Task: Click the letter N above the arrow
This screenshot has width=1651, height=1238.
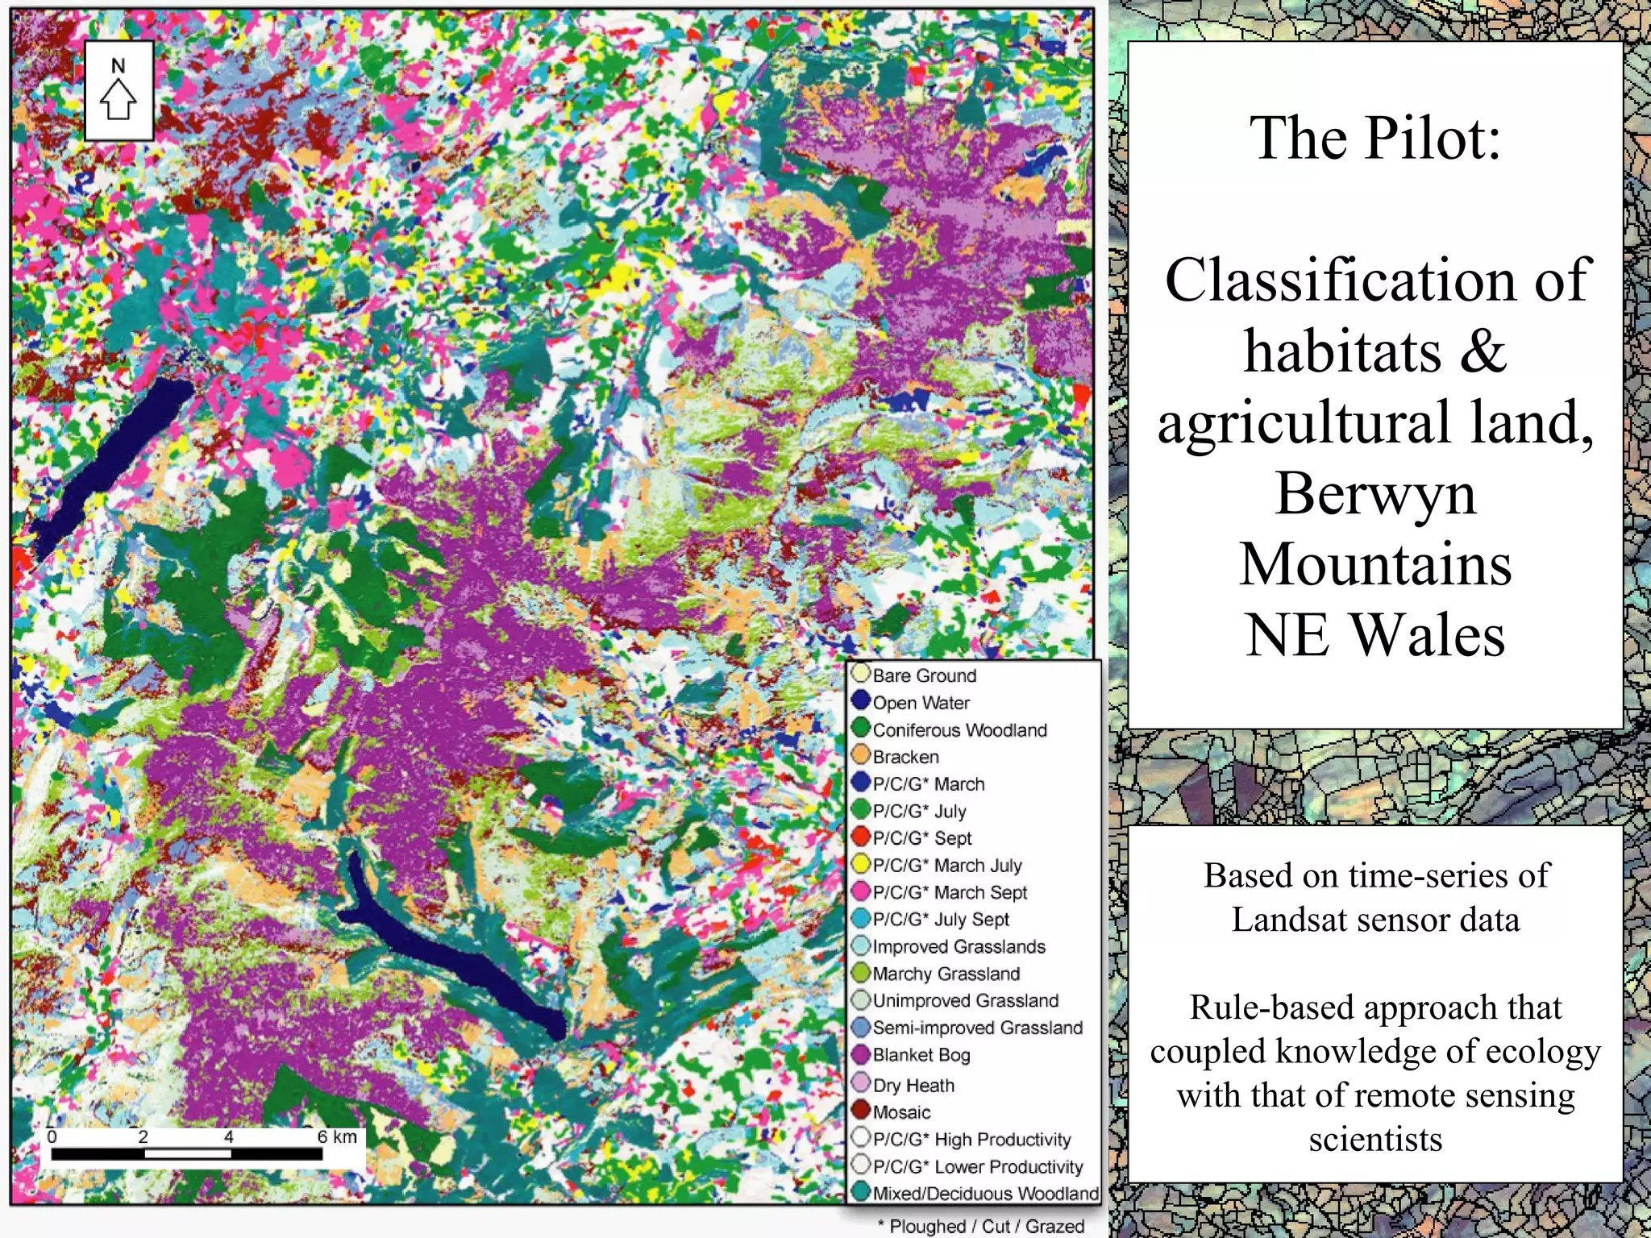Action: pyautogui.click(x=119, y=66)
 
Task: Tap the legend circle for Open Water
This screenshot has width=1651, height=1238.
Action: pyautogui.click(x=860, y=701)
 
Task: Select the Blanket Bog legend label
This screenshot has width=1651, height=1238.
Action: pyautogui.click(x=921, y=1055)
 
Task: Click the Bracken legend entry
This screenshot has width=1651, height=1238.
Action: pyautogui.click(x=905, y=757)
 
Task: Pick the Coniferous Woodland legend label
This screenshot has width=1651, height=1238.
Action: pyautogui.click(x=959, y=730)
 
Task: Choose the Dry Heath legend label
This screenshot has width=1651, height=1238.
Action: pyautogui.click(x=913, y=1086)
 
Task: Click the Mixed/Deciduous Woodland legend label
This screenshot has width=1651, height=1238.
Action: pyautogui.click(x=985, y=1194)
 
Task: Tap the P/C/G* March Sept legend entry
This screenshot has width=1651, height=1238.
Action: pyautogui.click(x=950, y=892)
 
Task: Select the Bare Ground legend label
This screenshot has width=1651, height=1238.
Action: pyautogui.click(x=924, y=675)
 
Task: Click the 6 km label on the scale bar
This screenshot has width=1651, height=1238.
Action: pyautogui.click(x=337, y=1136)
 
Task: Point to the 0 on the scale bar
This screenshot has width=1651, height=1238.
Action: pyautogui.click(x=52, y=1136)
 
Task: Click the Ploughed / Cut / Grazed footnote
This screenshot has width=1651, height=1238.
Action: pyautogui.click(x=981, y=1226)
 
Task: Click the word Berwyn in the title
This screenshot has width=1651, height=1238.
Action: pyautogui.click(x=1375, y=493)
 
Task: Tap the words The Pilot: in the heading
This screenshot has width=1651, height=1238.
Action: pyautogui.click(x=1375, y=139)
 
